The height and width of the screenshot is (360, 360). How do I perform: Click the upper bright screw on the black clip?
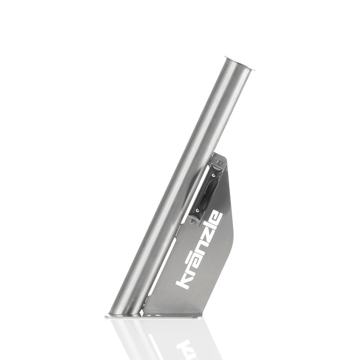coord(214,175)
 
